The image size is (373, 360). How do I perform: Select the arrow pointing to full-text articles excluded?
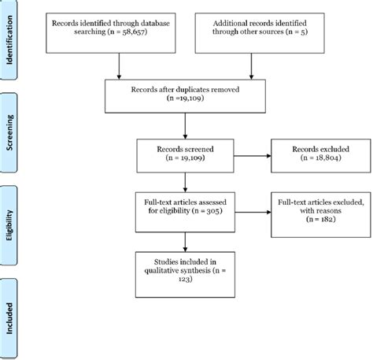[x=249, y=210]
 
